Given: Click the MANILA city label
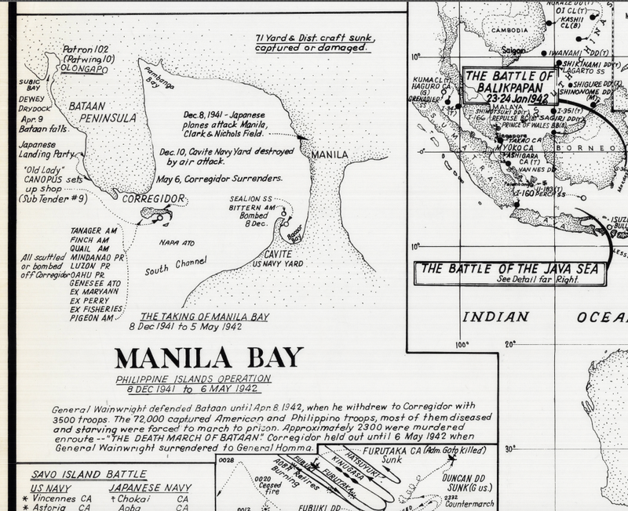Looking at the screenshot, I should click(x=330, y=154).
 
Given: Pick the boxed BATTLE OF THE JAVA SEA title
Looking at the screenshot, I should click(x=511, y=268).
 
